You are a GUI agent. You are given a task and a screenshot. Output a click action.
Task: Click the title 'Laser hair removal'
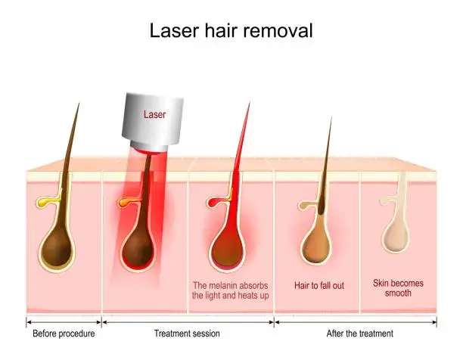231,31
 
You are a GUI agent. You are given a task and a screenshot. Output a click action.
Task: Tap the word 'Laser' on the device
155,115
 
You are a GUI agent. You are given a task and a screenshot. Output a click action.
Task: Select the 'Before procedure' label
64,334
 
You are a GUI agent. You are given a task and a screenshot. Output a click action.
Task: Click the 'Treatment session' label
187,334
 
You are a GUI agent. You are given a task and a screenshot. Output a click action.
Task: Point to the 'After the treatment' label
359,334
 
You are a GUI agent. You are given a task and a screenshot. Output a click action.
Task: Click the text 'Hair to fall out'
319,286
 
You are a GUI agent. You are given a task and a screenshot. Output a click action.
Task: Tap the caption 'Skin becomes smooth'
398,287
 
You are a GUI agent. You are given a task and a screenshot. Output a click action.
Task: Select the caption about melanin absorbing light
231,290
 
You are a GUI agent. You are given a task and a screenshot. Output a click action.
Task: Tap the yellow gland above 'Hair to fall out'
302,203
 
